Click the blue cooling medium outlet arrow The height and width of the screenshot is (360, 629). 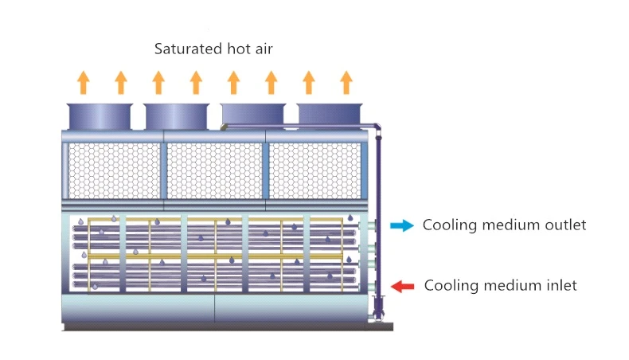[402, 225]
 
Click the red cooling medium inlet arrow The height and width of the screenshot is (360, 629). [402, 286]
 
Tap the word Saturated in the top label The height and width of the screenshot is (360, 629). [188, 49]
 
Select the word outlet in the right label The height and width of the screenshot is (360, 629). [565, 225]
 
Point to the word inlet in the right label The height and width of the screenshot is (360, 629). [562, 285]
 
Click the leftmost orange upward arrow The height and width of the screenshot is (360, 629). [84, 82]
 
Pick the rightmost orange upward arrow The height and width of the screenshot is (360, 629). [346, 82]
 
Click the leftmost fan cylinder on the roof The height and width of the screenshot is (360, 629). [100, 116]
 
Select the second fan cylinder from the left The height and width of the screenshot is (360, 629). [176, 116]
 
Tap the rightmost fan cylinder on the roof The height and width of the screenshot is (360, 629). [330, 115]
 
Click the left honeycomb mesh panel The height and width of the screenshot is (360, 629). [115, 170]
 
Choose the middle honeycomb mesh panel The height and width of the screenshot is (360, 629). [214, 170]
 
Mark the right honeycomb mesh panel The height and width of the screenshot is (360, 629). [315, 170]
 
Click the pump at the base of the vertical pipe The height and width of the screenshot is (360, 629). [378, 308]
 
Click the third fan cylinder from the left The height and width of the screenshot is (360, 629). [252, 114]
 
